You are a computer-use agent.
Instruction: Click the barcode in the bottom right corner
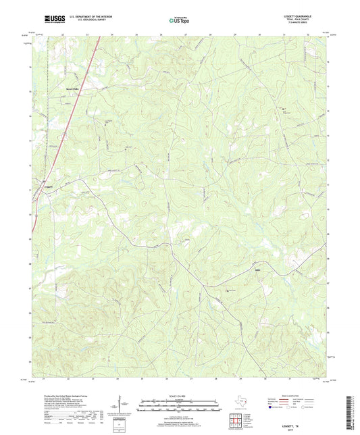(x=349, y=412)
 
